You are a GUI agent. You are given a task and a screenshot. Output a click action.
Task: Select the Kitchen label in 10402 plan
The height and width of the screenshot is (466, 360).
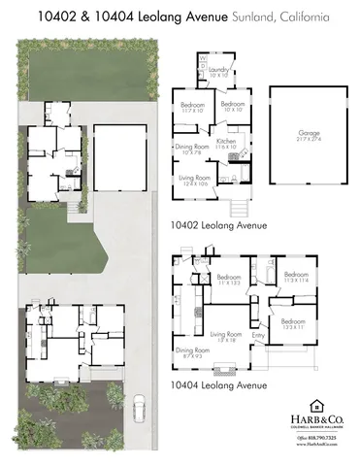pos(226,144)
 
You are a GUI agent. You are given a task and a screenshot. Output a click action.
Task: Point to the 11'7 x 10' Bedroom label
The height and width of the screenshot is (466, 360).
pos(192,107)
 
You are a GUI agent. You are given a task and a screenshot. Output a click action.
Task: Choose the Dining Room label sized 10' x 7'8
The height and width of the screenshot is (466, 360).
pos(188,149)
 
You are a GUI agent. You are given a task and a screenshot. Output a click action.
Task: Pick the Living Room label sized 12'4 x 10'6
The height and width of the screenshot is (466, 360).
pos(195,181)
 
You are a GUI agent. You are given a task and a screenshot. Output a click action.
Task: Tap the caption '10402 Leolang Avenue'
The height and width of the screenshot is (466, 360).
pos(218,224)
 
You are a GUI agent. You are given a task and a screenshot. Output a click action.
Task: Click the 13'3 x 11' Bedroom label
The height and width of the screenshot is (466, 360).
pos(294,325)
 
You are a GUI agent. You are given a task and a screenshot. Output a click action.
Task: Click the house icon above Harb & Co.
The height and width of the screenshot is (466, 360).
pos(316,405)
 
